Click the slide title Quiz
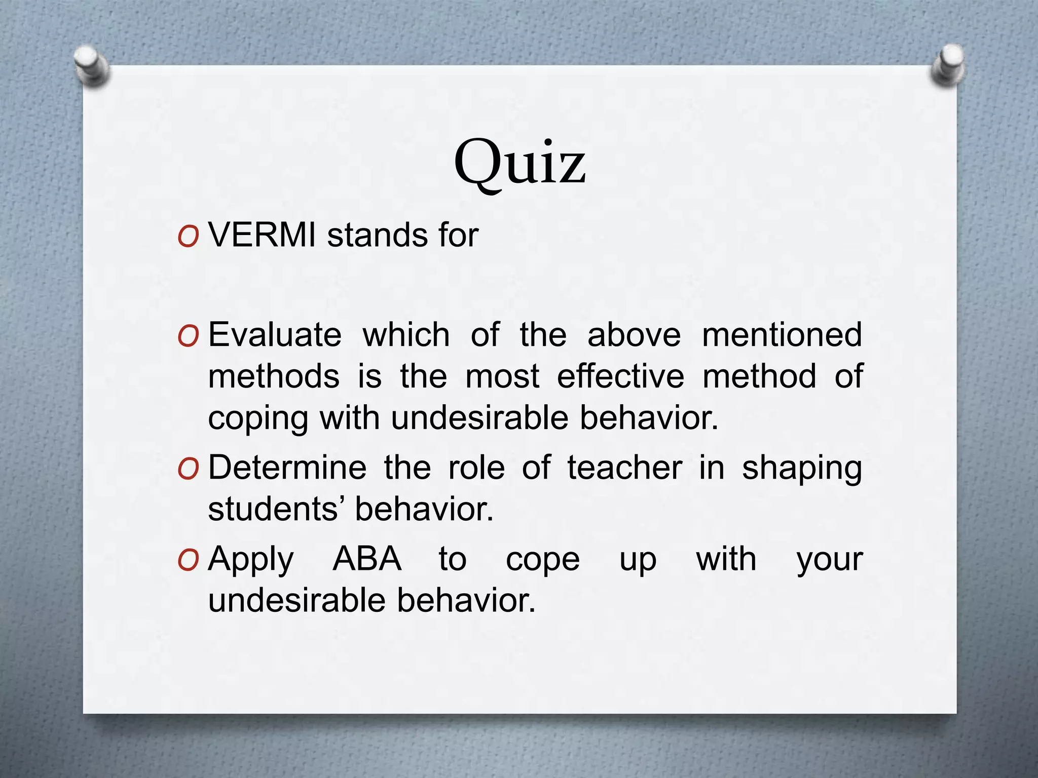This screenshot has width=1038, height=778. coord(520,164)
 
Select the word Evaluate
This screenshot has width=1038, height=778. coord(275,335)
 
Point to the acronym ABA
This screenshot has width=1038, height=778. coord(367,559)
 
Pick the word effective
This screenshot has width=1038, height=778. coord(620,376)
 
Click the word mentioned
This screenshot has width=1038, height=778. coord(782,335)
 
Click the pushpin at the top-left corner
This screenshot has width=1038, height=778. coord(91,64)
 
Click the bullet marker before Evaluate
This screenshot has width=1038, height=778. coord(188,337)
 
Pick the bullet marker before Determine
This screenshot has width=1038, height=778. coord(188,469)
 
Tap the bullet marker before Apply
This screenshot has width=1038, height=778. coord(188,561)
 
